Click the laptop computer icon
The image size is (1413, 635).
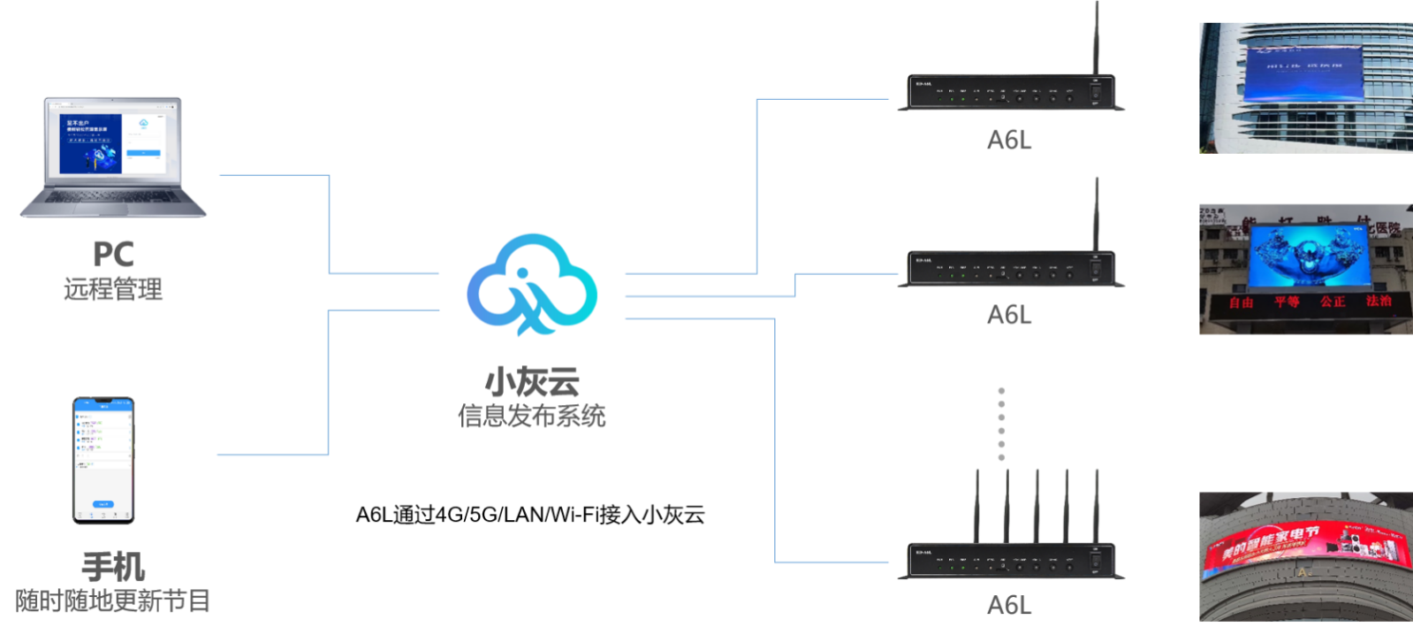point(113,157)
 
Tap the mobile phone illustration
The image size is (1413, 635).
point(103,460)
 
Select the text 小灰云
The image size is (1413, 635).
point(532,382)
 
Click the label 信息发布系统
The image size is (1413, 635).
point(532,416)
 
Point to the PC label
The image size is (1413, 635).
point(113,255)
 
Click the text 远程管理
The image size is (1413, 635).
point(113,289)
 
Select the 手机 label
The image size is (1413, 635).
point(113,567)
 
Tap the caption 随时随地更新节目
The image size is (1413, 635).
point(113,601)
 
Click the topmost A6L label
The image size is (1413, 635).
point(1009,140)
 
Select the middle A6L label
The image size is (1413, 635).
point(1009,315)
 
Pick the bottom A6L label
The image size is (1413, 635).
point(1009,605)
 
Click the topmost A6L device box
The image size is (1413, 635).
point(1011,93)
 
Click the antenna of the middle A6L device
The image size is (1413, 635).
point(1097,212)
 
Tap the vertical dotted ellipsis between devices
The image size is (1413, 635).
point(1001,424)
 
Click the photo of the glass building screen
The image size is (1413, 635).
point(1305,88)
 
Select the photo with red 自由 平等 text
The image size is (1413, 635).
point(1305,270)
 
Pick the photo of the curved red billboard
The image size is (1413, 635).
point(1305,557)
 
